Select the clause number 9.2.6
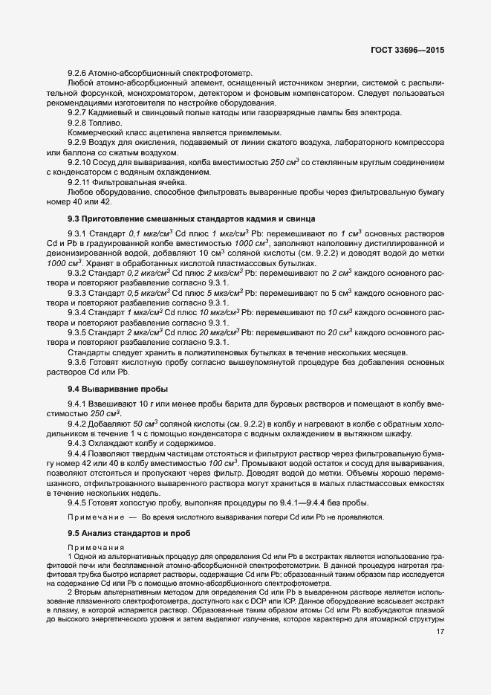pyautogui.click(x=78, y=74)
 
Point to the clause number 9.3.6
pyautogui.click(x=78, y=361)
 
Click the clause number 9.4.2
pyautogui.click(x=78, y=424)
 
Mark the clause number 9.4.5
pyautogui.click(x=78, y=502)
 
